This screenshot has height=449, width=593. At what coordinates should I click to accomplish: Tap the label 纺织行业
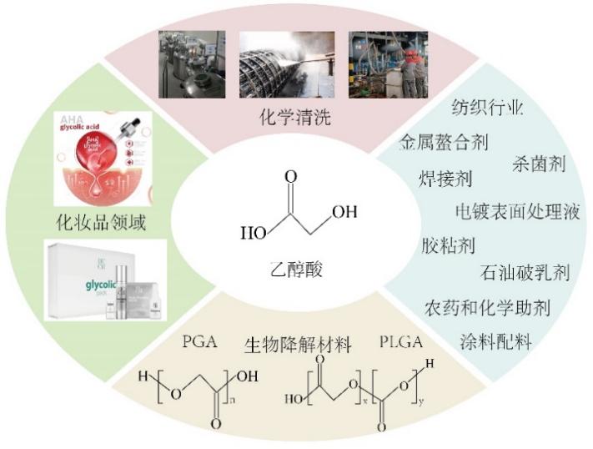[487, 108]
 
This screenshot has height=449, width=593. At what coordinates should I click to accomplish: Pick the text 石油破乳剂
[525, 273]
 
